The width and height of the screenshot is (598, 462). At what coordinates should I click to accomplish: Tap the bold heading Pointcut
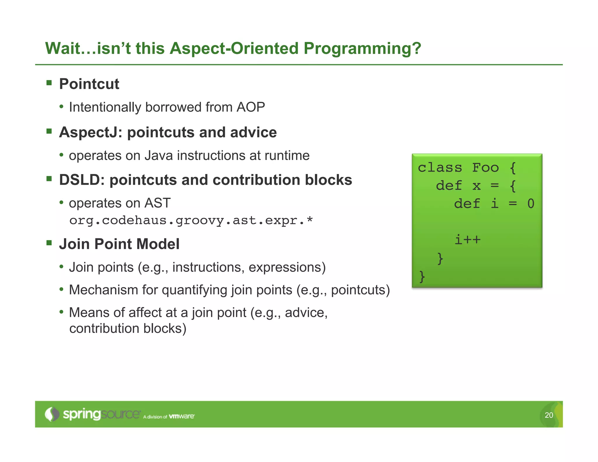click(89, 84)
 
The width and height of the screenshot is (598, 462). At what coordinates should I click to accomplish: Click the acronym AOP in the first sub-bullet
click(251, 107)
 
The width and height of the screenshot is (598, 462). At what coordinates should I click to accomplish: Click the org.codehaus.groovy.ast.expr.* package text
click(191, 220)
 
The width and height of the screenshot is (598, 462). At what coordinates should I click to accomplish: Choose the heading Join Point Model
click(119, 244)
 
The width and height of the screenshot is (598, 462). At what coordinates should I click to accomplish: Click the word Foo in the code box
click(485, 168)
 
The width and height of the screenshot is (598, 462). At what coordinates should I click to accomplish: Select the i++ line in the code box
click(467, 240)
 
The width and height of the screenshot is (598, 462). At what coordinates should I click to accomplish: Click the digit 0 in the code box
click(531, 204)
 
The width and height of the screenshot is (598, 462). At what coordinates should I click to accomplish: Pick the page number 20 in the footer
click(549, 415)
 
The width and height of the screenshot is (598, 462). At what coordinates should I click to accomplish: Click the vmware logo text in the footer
click(182, 416)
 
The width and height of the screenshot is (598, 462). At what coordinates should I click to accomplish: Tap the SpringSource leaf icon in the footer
click(52, 414)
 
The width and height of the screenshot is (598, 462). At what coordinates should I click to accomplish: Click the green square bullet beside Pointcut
click(49, 83)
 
